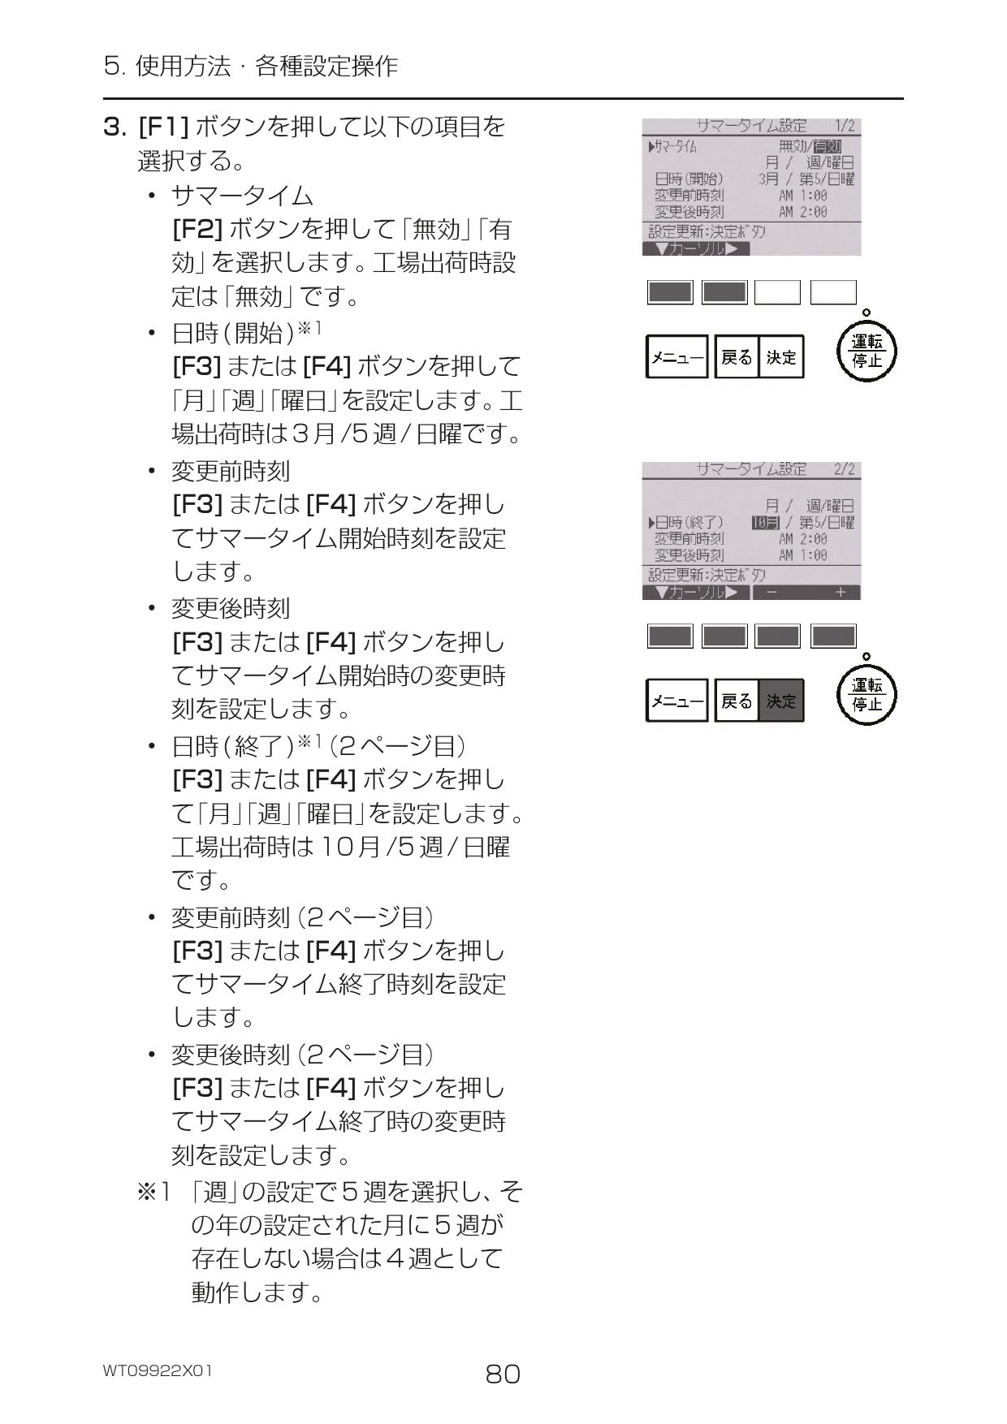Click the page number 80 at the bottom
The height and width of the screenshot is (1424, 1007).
[x=503, y=1374]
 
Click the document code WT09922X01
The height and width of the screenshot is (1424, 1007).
[x=158, y=1370]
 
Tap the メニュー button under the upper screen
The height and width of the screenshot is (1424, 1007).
[x=676, y=357]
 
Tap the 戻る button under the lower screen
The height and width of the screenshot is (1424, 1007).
[x=737, y=701]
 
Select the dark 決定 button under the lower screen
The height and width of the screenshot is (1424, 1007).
[x=781, y=701]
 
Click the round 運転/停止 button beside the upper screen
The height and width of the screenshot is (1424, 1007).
[x=867, y=352]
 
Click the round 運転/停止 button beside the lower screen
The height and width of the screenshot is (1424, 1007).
[x=867, y=696]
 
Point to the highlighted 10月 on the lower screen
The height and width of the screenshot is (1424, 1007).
[x=765, y=522]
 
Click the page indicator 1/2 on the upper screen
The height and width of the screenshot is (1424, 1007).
[x=844, y=126]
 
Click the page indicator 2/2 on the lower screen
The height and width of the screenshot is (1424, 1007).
[x=844, y=469]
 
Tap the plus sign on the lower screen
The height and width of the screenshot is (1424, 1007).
[x=840, y=593]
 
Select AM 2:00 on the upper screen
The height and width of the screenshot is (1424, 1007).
[x=802, y=212]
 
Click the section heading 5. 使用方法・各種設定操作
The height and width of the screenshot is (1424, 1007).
[x=251, y=65]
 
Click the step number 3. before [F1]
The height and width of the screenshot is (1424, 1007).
[x=115, y=127]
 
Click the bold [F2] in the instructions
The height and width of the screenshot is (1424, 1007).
[x=197, y=230]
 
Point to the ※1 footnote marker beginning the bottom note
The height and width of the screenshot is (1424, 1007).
[x=154, y=1192]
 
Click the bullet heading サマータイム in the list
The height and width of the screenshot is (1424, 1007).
[x=242, y=196]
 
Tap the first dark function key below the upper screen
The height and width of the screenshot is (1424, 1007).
[x=670, y=292]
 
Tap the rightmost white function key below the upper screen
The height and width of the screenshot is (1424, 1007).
[x=833, y=292]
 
